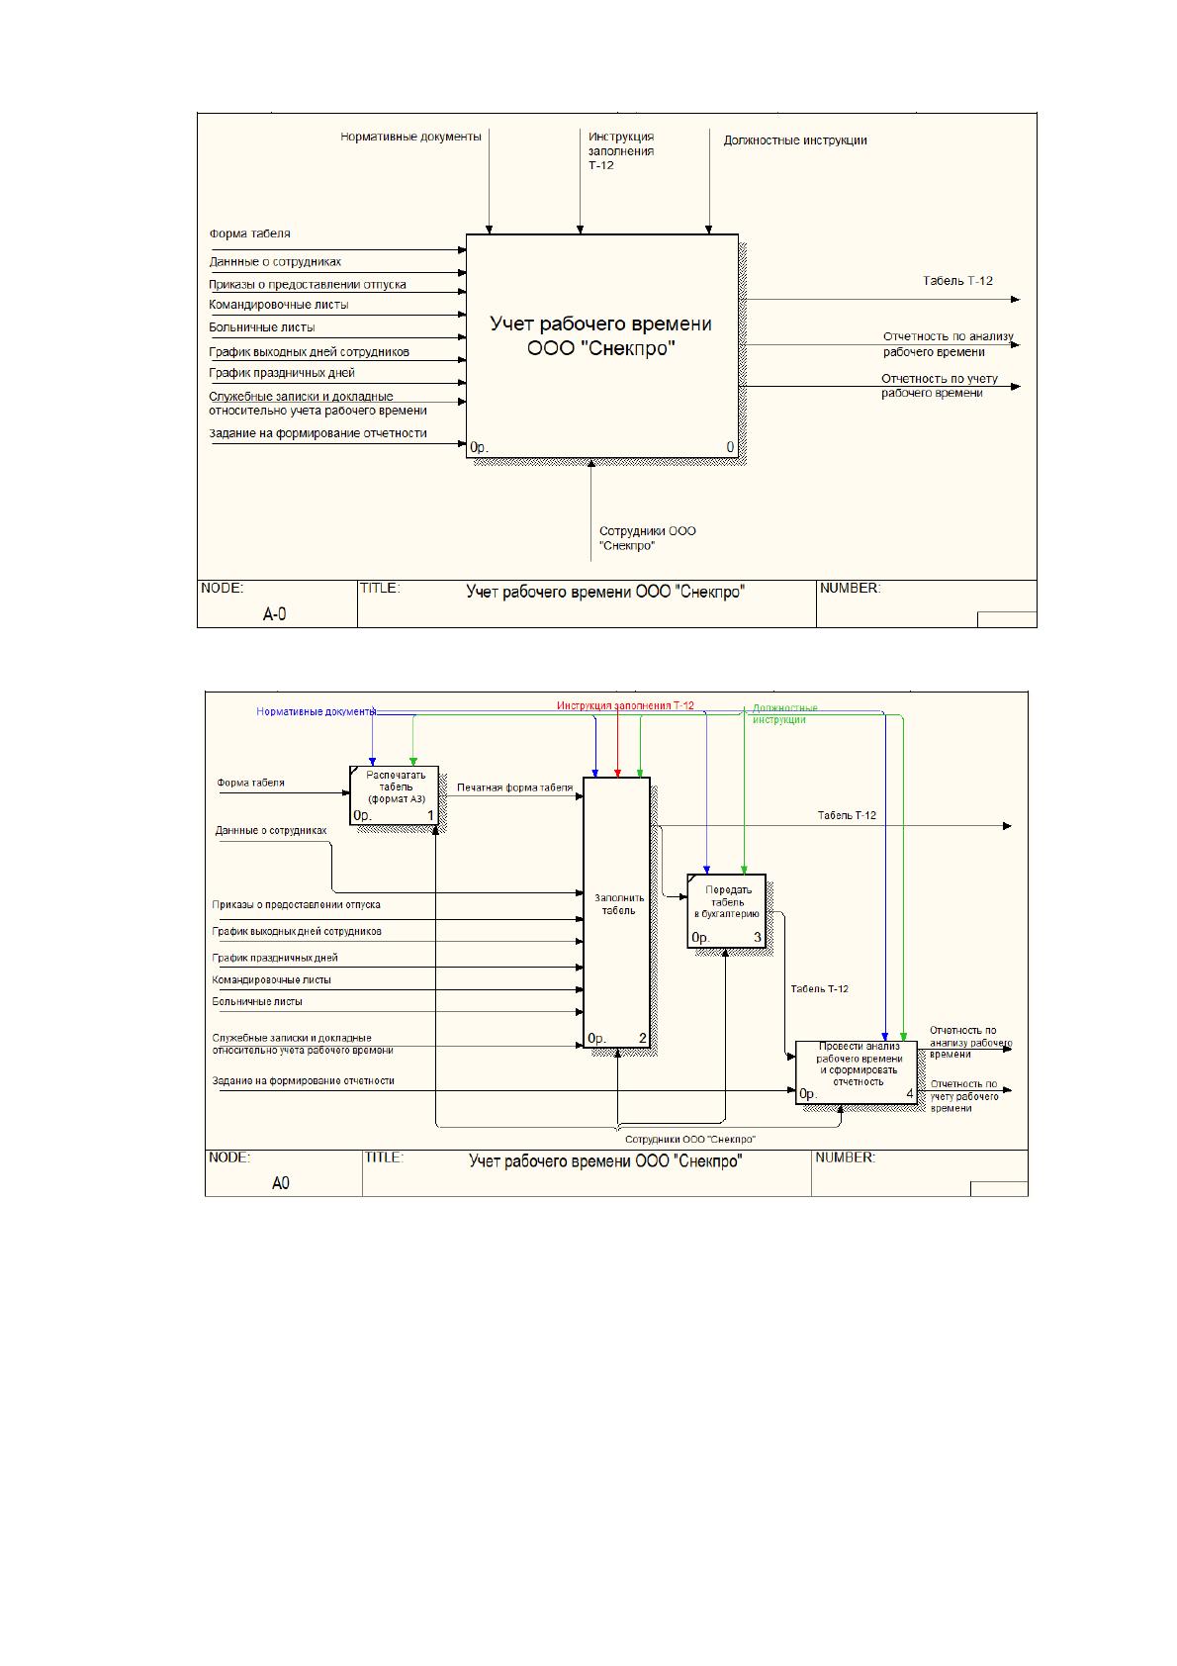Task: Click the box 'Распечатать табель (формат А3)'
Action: click(394, 795)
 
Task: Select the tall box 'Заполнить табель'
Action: click(616, 912)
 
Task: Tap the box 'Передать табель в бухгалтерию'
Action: click(726, 911)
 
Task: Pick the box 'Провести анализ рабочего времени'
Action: click(856, 1071)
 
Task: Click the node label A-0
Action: click(274, 614)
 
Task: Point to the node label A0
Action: click(280, 1183)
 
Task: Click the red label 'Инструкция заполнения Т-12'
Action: click(624, 705)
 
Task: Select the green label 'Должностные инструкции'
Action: click(784, 714)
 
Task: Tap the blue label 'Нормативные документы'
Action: click(316, 711)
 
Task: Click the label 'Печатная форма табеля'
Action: click(514, 787)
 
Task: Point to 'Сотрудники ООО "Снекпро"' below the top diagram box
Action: click(648, 538)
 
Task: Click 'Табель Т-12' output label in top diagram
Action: click(957, 281)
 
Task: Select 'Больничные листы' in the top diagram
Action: click(262, 327)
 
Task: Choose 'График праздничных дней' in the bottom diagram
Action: click(274, 958)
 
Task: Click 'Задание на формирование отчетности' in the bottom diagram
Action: click(304, 1080)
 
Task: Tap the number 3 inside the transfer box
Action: click(758, 937)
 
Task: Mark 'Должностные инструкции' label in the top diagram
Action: click(795, 140)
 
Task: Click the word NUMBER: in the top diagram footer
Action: click(850, 589)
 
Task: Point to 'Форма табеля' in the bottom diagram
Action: click(250, 783)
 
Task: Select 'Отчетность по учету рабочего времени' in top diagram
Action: click(939, 386)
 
